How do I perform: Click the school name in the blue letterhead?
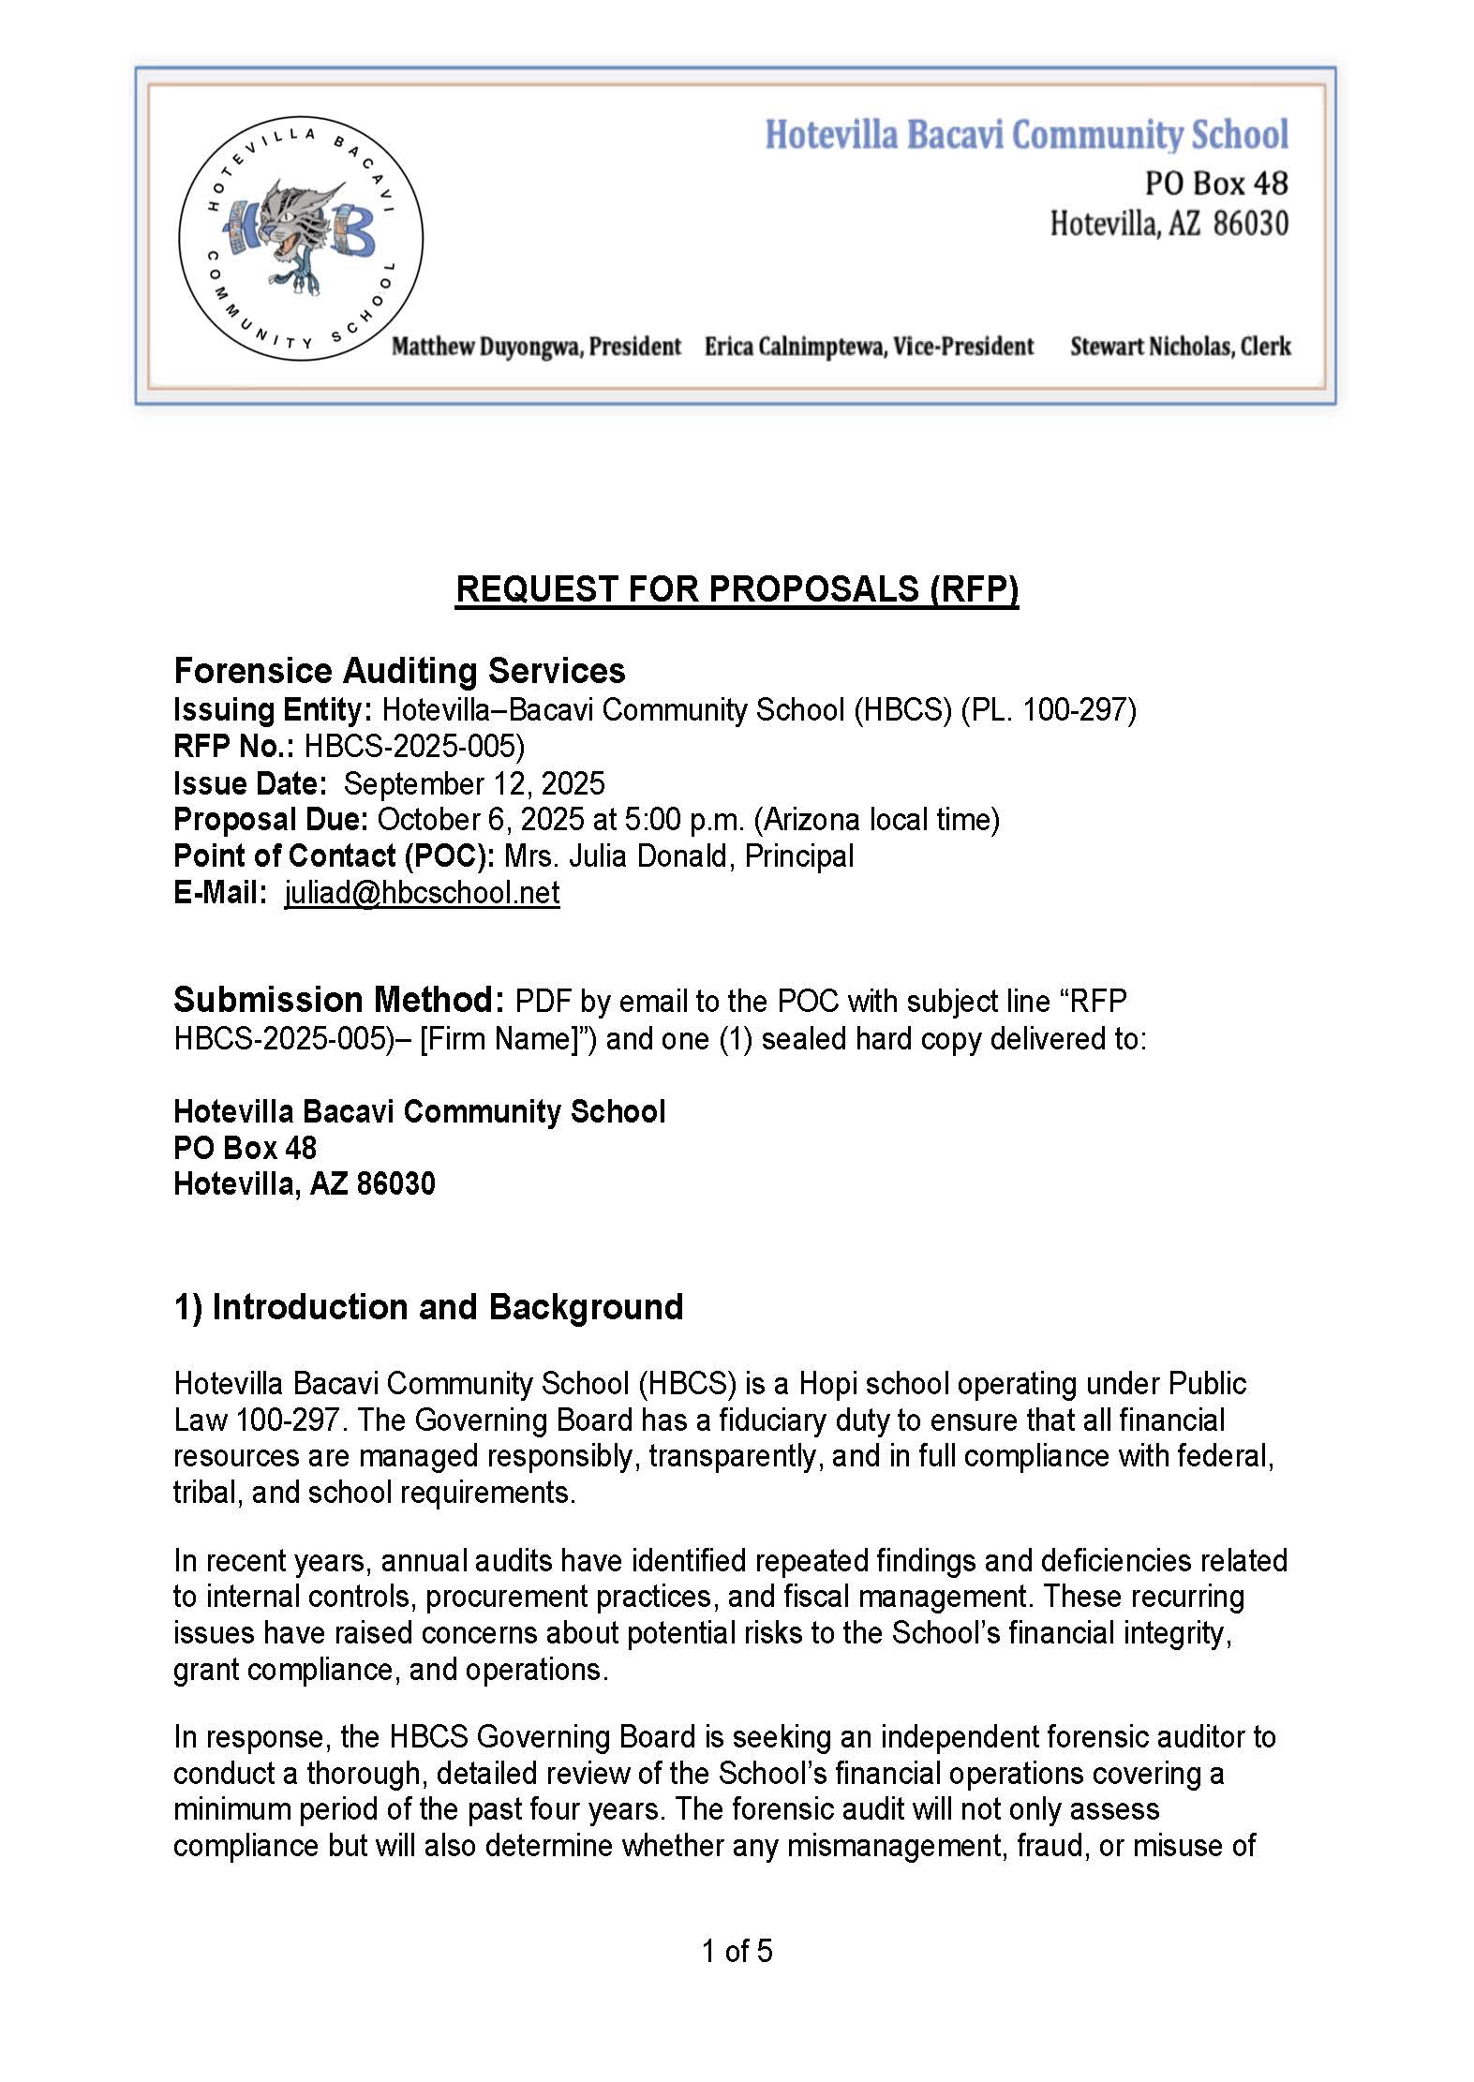tap(1026, 135)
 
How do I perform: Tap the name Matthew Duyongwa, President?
tap(536, 347)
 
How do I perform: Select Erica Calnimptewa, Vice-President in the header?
tap(869, 347)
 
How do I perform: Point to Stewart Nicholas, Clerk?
tap(1180, 347)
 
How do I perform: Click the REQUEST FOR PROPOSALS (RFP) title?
tap(737, 588)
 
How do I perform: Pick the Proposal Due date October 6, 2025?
tap(482, 820)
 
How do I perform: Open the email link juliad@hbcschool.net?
tap(422, 893)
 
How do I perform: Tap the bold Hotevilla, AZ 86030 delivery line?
tap(305, 1184)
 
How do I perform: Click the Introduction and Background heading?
tap(428, 1307)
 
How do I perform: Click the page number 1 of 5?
tap(737, 1951)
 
